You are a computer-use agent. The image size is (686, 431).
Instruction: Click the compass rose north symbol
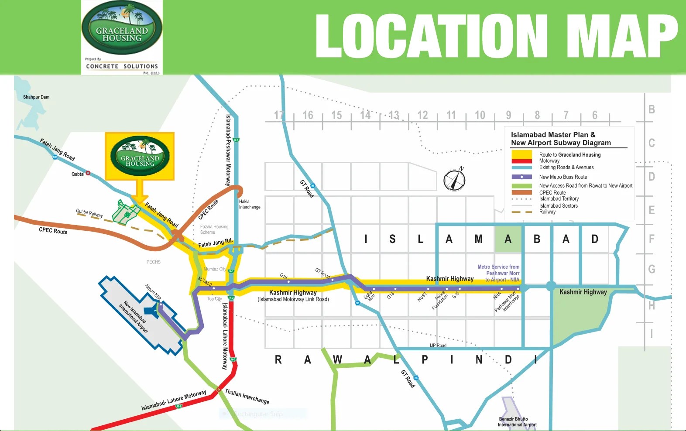click(454, 179)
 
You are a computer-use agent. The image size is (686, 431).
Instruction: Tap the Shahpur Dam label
click(36, 97)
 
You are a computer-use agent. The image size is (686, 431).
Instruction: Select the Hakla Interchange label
click(250, 204)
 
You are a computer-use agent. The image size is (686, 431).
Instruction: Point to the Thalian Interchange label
click(247, 396)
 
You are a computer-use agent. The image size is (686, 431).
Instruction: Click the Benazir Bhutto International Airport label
click(517, 422)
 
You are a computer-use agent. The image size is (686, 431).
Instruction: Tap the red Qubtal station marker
click(88, 173)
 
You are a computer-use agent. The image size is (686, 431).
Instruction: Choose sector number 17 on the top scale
click(279, 115)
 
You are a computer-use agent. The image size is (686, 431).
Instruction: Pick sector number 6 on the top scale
click(594, 115)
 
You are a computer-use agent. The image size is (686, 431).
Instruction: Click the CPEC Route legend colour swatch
click(521, 192)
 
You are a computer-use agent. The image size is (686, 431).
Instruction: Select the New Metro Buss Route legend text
click(563, 177)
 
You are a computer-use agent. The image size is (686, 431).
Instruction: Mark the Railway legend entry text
click(547, 212)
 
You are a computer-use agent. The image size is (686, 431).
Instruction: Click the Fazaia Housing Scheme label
click(214, 229)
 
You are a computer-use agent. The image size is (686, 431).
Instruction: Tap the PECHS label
click(154, 262)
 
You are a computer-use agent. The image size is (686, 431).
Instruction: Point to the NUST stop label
click(422, 297)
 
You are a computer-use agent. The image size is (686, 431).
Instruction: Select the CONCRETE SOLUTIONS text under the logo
click(122, 66)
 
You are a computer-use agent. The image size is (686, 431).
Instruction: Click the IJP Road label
click(438, 345)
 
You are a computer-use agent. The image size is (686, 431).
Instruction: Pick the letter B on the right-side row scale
click(652, 109)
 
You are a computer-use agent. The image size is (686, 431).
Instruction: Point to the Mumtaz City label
click(215, 269)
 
